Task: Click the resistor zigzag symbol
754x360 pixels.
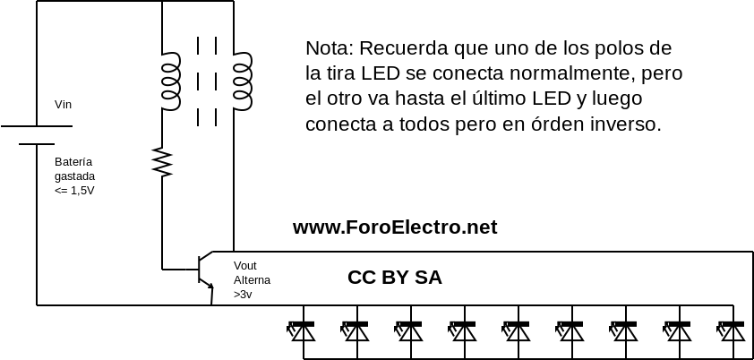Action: click(162, 162)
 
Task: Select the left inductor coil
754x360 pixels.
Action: click(170, 81)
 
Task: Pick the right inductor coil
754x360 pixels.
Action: click(243, 81)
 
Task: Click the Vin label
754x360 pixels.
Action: click(63, 105)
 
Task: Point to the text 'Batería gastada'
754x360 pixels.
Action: click(74, 168)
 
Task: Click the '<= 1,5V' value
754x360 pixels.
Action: click(74, 191)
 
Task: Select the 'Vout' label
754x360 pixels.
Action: click(245, 266)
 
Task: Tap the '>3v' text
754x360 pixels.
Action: click(243, 294)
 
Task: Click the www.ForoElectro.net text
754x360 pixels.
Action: click(395, 227)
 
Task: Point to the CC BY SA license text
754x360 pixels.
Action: click(394, 278)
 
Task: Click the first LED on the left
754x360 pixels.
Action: click(303, 331)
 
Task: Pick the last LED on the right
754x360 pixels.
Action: click(733, 331)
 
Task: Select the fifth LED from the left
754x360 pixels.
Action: click(518, 331)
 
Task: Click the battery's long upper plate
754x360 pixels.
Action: click(37, 126)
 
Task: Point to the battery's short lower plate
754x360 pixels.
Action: click(37, 143)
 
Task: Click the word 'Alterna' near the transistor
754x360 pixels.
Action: click(252, 279)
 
